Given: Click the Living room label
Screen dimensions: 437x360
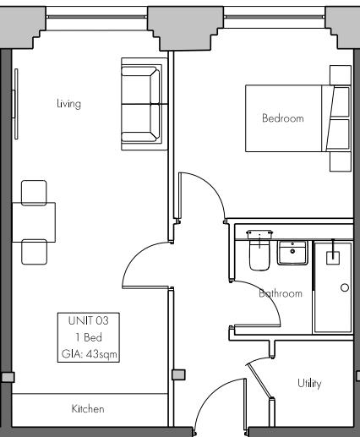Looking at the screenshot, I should point(68,104).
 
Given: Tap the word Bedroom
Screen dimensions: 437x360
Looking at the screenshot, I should point(281,118).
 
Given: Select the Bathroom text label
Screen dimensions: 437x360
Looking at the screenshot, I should point(280,293).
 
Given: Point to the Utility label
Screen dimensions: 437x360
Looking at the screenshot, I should point(308,384).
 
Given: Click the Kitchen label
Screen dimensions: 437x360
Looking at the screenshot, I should point(88,409).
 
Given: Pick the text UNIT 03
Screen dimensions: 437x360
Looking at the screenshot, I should point(88,320).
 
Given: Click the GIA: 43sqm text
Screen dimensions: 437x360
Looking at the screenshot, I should point(88,353).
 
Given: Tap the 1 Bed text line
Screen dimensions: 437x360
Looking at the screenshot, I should point(88,336).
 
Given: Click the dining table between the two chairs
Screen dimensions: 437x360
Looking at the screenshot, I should point(34,222).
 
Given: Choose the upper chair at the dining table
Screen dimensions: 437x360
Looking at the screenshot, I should point(35,193).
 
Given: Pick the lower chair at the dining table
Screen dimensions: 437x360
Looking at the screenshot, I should point(35,252).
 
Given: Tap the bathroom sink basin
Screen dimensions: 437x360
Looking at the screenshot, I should point(292,253).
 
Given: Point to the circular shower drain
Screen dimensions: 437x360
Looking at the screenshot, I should point(344,288).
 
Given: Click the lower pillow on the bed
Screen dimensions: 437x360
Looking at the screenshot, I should point(339,135).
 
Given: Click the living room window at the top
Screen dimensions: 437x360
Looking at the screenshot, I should point(96,15).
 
